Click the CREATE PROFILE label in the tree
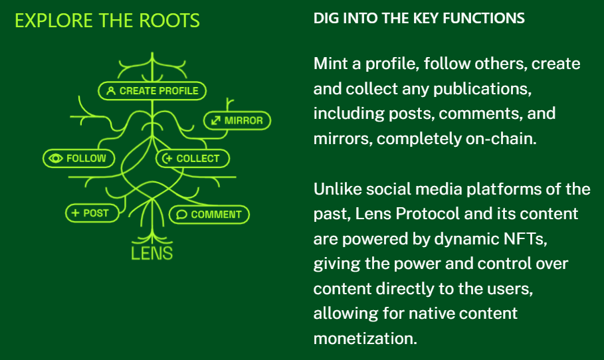(153, 90)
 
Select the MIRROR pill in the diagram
(237, 121)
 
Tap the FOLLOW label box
(78, 158)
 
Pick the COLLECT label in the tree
(192, 159)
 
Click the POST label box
(91, 213)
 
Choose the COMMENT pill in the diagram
(209, 215)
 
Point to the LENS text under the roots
(152, 252)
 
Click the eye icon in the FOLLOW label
(56, 158)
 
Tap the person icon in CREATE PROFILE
(111, 90)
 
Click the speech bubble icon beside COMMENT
(181, 215)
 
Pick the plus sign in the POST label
(76, 213)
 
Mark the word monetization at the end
(365, 337)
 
